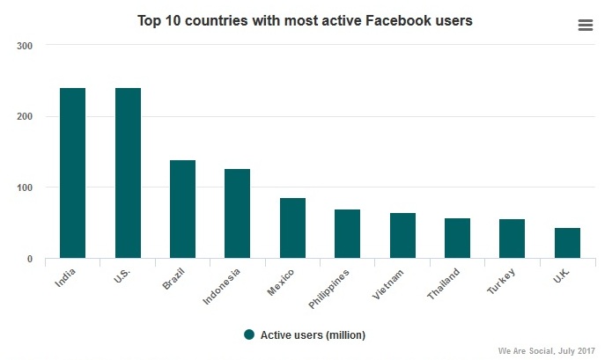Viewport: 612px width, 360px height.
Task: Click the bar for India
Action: [x=72, y=173]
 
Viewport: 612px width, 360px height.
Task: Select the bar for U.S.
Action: [x=128, y=173]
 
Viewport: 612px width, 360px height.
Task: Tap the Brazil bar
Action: [x=182, y=209]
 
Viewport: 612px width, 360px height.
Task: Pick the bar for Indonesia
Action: [x=238, y=214]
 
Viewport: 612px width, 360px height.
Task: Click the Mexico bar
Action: [x=292, y=228]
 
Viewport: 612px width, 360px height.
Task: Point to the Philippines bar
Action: [x=348, y=234]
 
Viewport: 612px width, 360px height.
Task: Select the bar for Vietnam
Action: [x=402, y=236]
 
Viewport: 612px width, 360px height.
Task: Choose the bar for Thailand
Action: [x=457, y=239]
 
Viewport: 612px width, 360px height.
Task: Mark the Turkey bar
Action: [x=512, y=239]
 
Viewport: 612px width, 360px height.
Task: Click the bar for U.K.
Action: [x=567, y=243]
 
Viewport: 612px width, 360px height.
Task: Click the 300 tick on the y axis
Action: [x=25, y=46]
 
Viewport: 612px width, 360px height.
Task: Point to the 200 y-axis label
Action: [x=25, y=117]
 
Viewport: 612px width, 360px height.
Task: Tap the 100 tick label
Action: [x=25, y=188]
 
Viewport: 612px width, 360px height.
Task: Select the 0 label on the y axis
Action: [x=30, y=260]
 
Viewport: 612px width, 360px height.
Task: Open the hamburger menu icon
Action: [x=586, y=25]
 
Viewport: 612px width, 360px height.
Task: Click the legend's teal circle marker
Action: [x=249, y=334]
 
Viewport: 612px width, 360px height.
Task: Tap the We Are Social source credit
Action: [x=547, y=350]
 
